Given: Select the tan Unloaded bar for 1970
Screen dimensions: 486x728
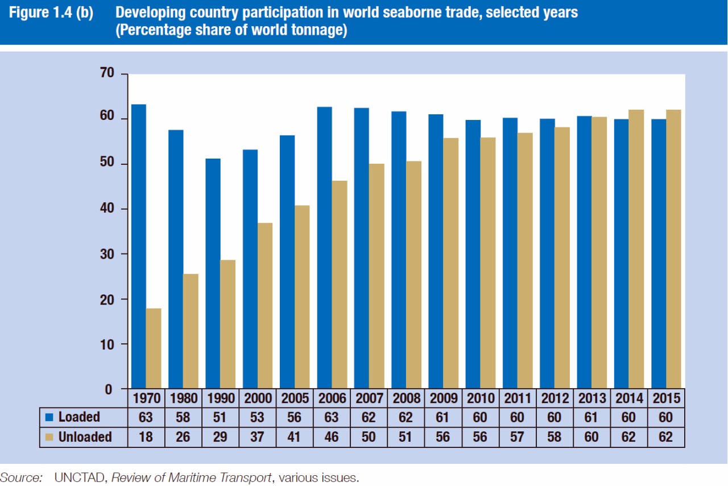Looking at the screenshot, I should pyautogui.click(x=154, y=348).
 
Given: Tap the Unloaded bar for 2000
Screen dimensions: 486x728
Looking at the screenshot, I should pyautogui.click(x=265, y=306).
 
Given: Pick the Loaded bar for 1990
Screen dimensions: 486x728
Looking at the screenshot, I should pyautogui.click(x=213, y=273).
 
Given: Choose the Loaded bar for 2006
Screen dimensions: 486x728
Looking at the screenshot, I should pyautogui.click(x=324, y=248).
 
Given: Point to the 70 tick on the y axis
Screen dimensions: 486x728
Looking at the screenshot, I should pyautogui.click(x=107, y=73).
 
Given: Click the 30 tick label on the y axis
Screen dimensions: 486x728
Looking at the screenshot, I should pyautogui.click(x=107, y=254).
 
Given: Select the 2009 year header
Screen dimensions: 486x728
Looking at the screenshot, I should pyautogui.click(x=442, y=398).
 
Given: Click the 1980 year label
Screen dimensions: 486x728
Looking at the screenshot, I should pyautogui.click(x=183, y=398).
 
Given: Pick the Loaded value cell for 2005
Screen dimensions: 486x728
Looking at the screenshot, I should pyautogui.click(x=294, y=417).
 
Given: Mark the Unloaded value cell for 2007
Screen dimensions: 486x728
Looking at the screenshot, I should pyautogui.click(x=369, y=437).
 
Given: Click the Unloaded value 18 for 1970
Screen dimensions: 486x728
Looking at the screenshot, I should pyautogui.click(x=146, y=437).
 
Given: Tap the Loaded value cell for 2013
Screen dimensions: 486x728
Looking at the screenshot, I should pyautogui.click(x=591, y=417).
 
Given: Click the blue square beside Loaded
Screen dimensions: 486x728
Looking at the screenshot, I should pyautogui.click(x=49, y=418).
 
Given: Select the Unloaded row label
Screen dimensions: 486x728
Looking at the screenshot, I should pyautogui.click(x=85, y=437).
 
